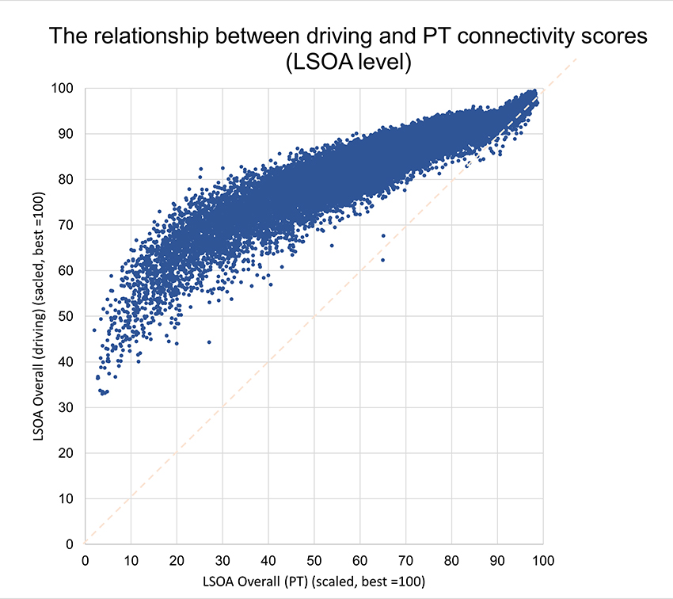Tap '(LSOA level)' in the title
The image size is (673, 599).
click(348, 64)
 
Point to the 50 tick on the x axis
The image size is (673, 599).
click(314, 559)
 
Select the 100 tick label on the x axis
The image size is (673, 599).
click(542, 559)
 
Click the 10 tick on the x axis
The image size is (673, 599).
click(130, 559)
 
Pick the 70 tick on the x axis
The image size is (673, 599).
click(405, 559)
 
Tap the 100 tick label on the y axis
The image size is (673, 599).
click(63, 88)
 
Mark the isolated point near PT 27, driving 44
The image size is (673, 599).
click(209, 342)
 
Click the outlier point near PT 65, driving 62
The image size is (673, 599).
click(382, 259)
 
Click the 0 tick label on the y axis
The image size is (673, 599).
click(70, 544)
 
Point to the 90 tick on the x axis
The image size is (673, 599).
click(496, 559)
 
